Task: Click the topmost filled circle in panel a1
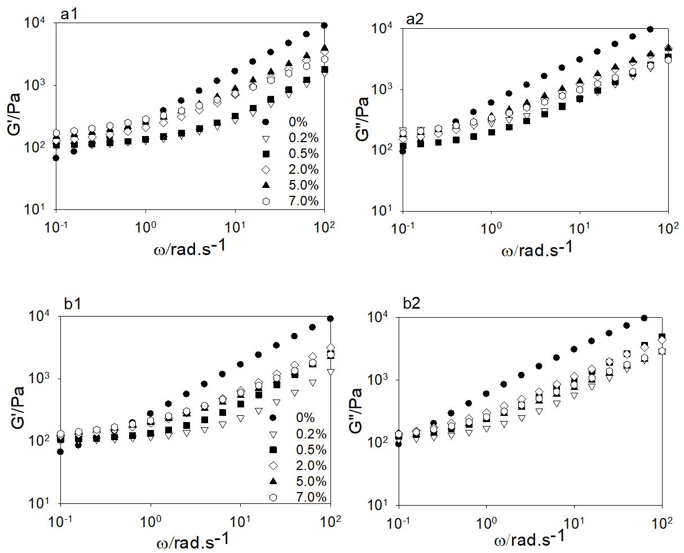(x=324, y=25)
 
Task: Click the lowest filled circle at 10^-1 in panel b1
(x=60, y=451)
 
